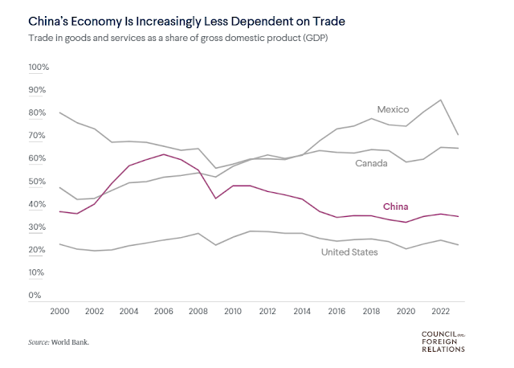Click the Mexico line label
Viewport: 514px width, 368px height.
click(394, 109)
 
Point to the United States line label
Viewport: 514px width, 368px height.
click(349, 252)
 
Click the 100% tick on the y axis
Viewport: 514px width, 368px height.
click(39, 67)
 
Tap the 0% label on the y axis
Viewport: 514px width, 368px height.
click(35, 296)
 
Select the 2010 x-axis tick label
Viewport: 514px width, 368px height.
click(234, 311)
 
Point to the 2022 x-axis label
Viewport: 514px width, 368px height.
click(440, 311)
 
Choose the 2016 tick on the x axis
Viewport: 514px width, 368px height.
click(337, 311)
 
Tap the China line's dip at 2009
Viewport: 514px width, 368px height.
click(215, 198)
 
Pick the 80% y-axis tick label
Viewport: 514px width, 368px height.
click(39, 113)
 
